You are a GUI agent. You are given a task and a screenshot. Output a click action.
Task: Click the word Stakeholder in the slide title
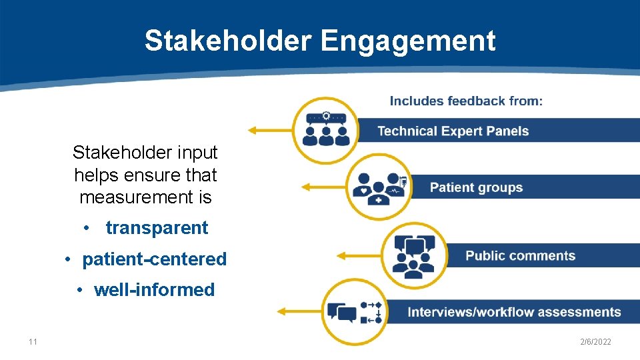[x=228, y=41]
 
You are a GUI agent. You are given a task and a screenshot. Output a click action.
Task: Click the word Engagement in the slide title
[x=408, y=41]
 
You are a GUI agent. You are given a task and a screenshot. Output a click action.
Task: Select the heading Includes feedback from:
[x=466, y=101]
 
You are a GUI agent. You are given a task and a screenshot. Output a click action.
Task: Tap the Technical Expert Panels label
[x=453, y=131]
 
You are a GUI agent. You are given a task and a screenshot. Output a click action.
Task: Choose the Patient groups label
[x=476, y=187]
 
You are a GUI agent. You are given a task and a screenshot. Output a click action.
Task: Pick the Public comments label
[x=520, y=256]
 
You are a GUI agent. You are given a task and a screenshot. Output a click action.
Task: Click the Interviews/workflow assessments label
[x=514, y=312]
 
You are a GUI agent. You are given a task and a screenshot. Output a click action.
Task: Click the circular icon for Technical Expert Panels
[x=325, y=130]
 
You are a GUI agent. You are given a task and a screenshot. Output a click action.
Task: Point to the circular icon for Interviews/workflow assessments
[x=353, y=311]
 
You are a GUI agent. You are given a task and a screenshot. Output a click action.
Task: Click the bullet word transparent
[x=157, y=228]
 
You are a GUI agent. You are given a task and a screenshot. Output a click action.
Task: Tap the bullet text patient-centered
[x=154, y=259]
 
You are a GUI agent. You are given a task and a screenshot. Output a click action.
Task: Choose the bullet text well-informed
[x=154, y=290]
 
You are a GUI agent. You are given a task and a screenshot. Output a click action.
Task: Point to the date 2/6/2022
[x=595, y=342]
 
